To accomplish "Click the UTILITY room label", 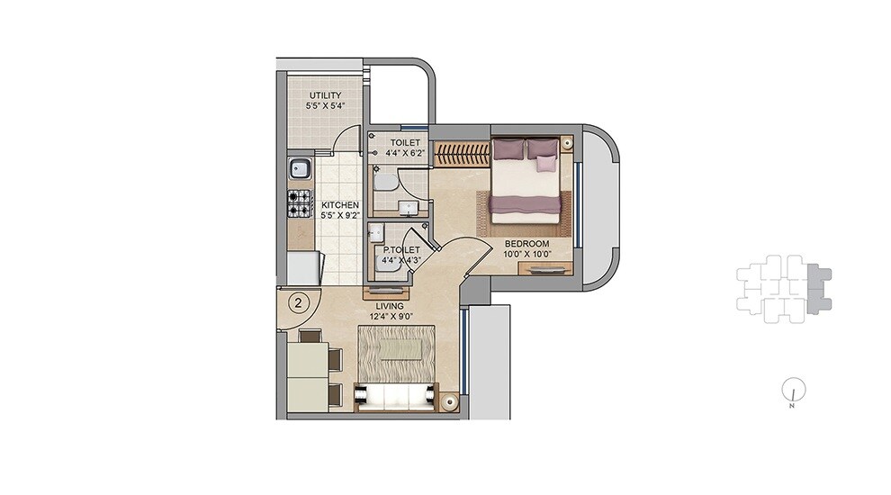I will point(325,95).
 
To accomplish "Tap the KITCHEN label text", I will point(341,204).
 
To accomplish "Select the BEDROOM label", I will point(526,243).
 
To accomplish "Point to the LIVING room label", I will point(391,306).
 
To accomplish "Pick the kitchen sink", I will point(300,167).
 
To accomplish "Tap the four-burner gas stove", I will point(299,204).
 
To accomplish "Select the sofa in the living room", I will point(396,395).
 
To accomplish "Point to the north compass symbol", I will point(793,389).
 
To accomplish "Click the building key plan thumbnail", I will point(781,288).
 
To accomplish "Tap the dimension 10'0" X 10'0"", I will point(526,255).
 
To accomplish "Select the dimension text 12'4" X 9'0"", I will point(391,317).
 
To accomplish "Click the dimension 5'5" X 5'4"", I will point(325,106).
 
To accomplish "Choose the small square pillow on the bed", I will point(545,163).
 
